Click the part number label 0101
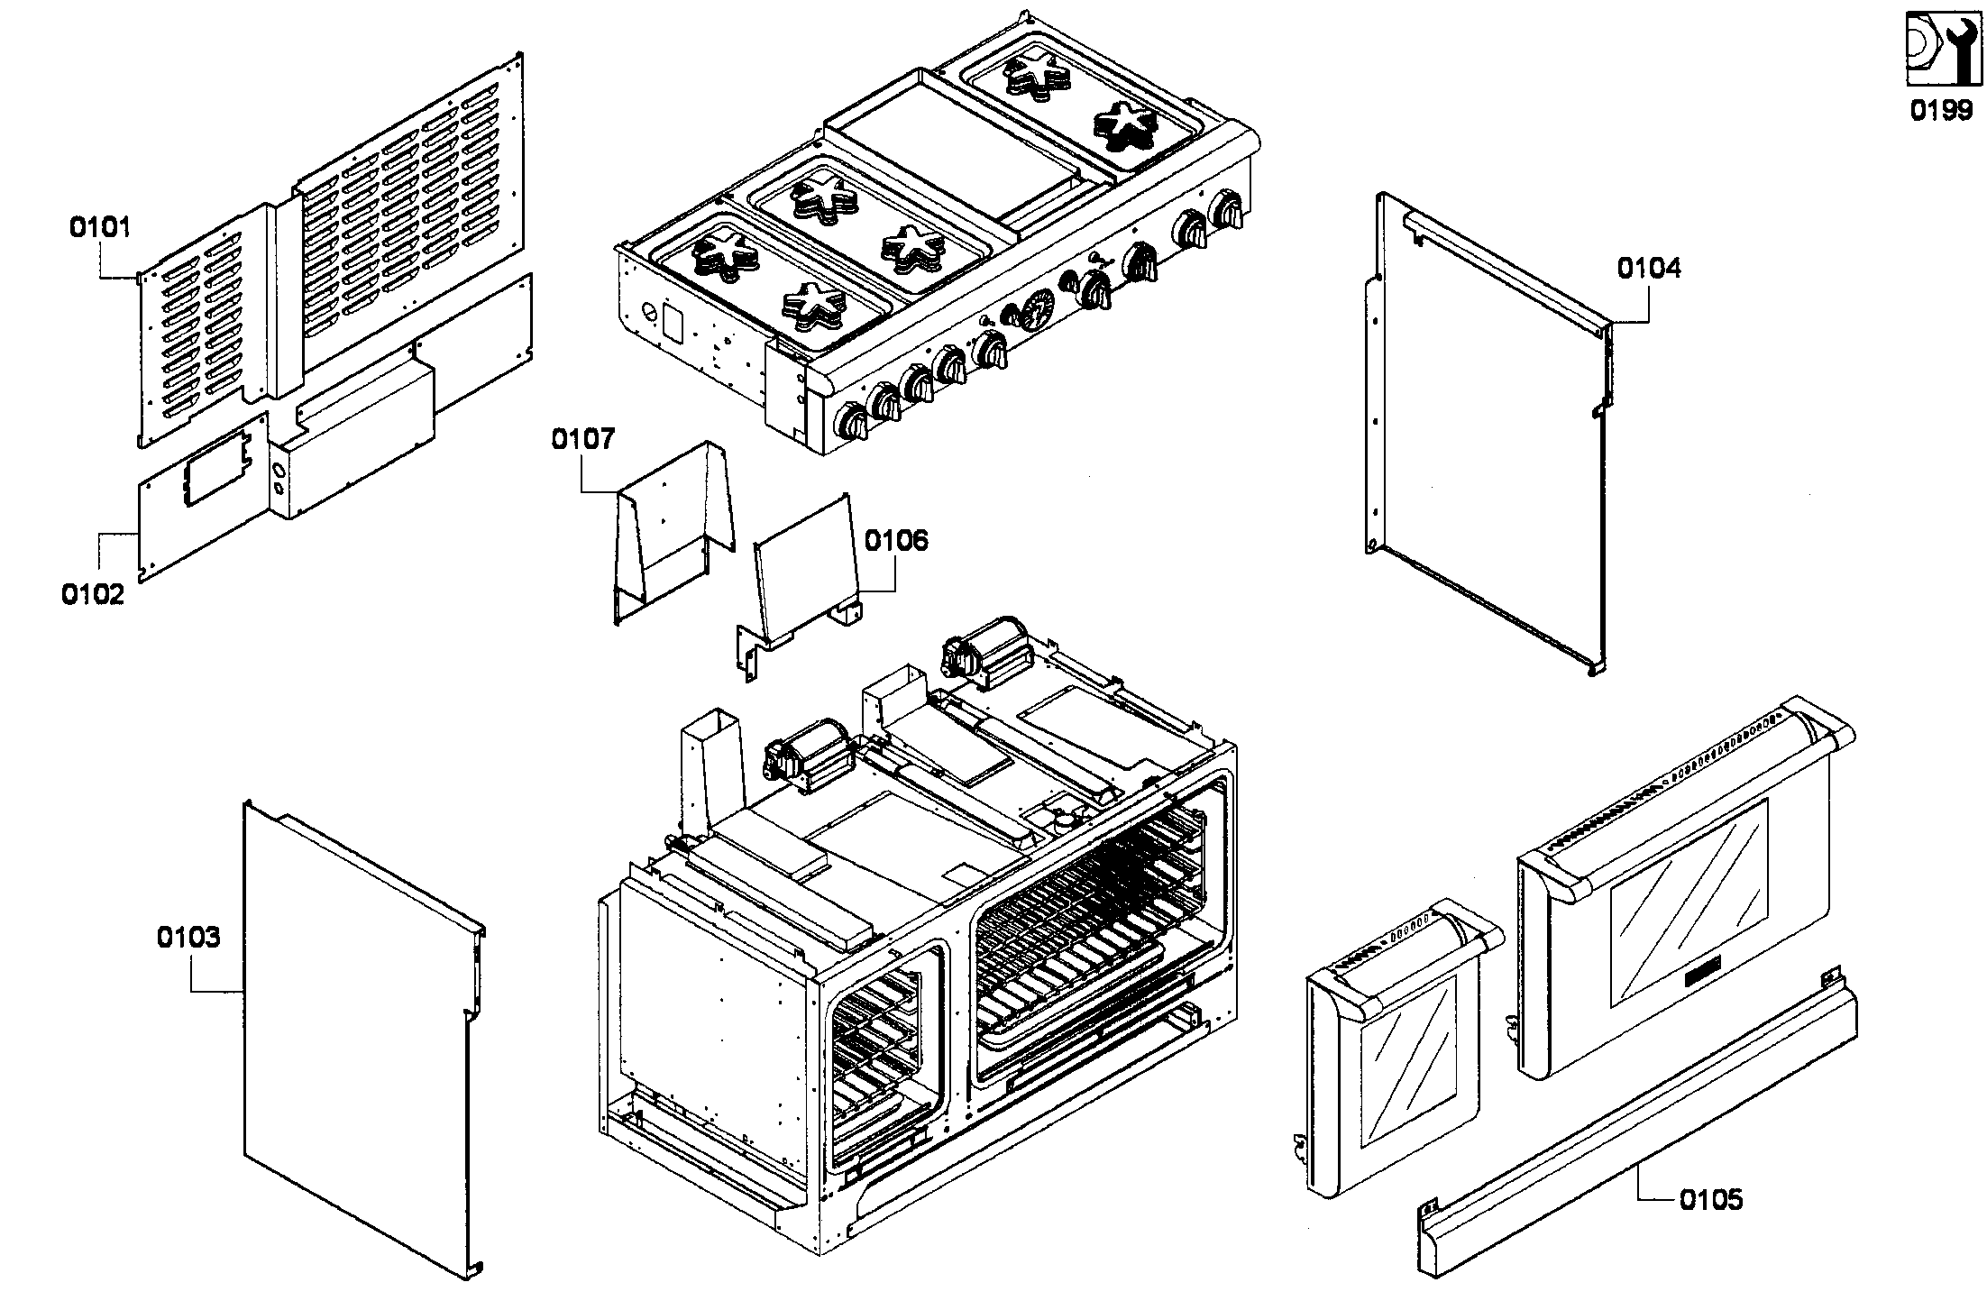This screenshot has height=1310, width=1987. pos(100,227)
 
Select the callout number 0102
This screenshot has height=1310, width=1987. pos(92,595)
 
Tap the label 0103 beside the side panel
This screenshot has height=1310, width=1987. pos(188,938)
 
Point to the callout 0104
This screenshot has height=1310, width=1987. pos(1648,269)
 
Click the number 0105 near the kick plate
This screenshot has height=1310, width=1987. pos(1710,1200)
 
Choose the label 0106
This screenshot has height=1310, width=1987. pos(895,541)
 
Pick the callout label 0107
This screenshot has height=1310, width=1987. pos(582,440)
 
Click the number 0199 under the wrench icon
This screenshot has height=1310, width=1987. pos(1942,111)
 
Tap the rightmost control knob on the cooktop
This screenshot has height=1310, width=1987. pos(1226,210)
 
